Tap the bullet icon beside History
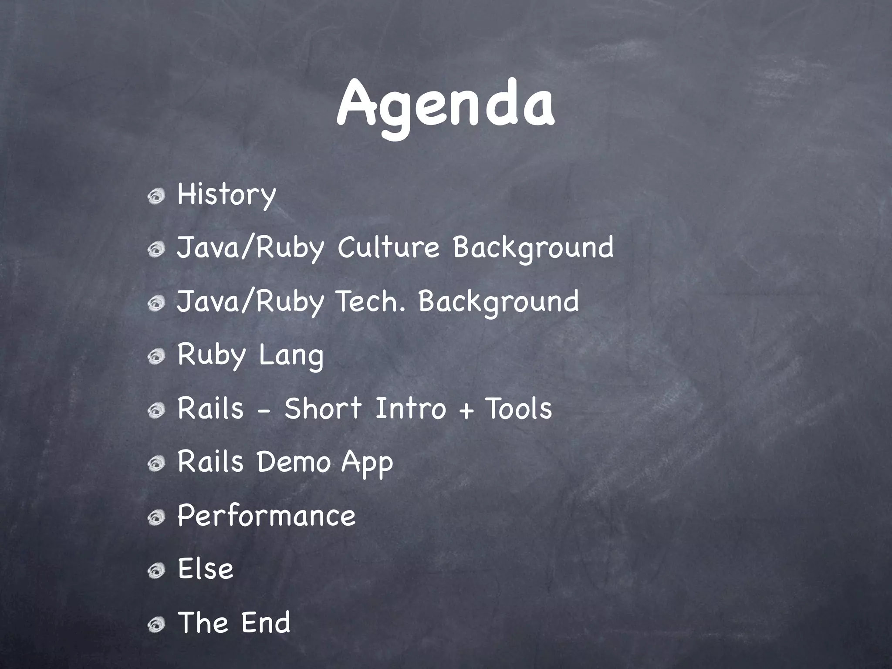tap(156, 197)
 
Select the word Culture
tap(389, 248)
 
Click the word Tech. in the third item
tap(371, 301)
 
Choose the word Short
tap(323, 409)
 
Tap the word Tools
tap(519, 409)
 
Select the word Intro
tap(410, 409)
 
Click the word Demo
tap(294, 462)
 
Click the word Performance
tap(267, 516)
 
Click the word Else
tap(206, 569)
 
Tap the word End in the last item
tap(266, 622)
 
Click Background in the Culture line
tap(533, 248)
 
